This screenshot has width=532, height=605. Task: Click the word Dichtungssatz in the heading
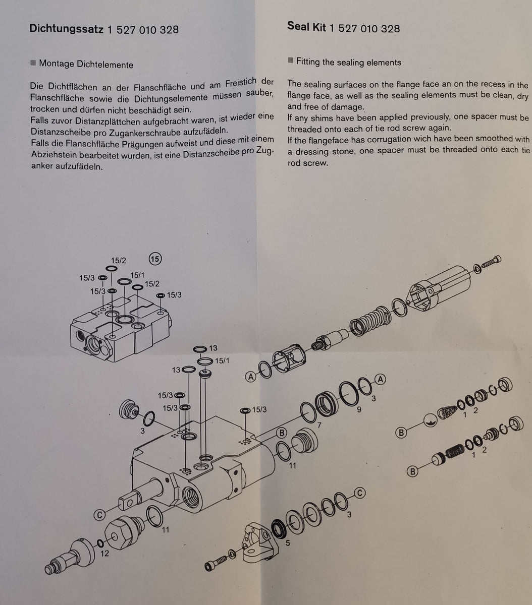click(x=67, y=29)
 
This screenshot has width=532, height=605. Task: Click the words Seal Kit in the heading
click(x=306, y=27)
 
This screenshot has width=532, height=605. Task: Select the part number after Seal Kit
click(x=364, y=28)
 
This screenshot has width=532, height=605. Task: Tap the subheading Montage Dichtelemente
click(x=86, y=65)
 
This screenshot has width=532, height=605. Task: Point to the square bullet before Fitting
click(x=290, y=60)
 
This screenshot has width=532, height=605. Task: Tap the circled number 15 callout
click(x=155, y=259)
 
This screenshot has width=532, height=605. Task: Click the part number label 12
click(x=104, y=554)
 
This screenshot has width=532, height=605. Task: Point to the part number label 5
click(x=288, y=543)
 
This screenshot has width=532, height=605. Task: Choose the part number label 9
click(x=359, y=409)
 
